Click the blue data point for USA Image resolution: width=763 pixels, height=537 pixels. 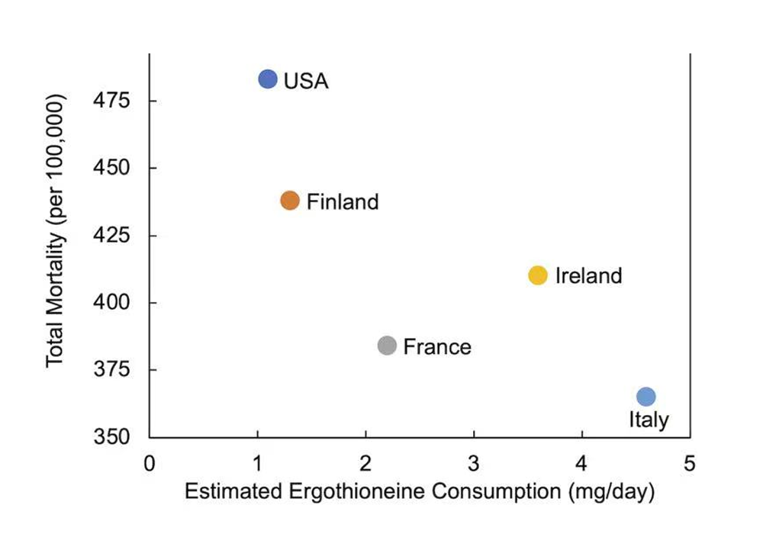[267, 79]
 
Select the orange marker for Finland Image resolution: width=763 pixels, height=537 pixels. [290, 201]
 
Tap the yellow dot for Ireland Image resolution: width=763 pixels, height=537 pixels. [538, 275]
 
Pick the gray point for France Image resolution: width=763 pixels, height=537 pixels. [387, 346]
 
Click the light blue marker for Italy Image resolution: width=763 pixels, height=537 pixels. [646, 397]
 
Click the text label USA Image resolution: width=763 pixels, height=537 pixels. [306, 81]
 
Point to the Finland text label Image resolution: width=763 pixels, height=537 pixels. [343, 202]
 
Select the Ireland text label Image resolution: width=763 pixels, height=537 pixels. [588, 276]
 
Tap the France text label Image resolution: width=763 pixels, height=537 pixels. [437, 347]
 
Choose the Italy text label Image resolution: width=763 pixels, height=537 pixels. [649, 420]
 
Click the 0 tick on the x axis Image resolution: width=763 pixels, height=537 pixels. [150, 463]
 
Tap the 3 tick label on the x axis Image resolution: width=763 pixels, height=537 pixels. [474, 463]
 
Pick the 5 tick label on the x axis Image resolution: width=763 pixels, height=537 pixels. [690, 463]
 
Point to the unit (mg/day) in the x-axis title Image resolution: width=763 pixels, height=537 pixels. [610, 493]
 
